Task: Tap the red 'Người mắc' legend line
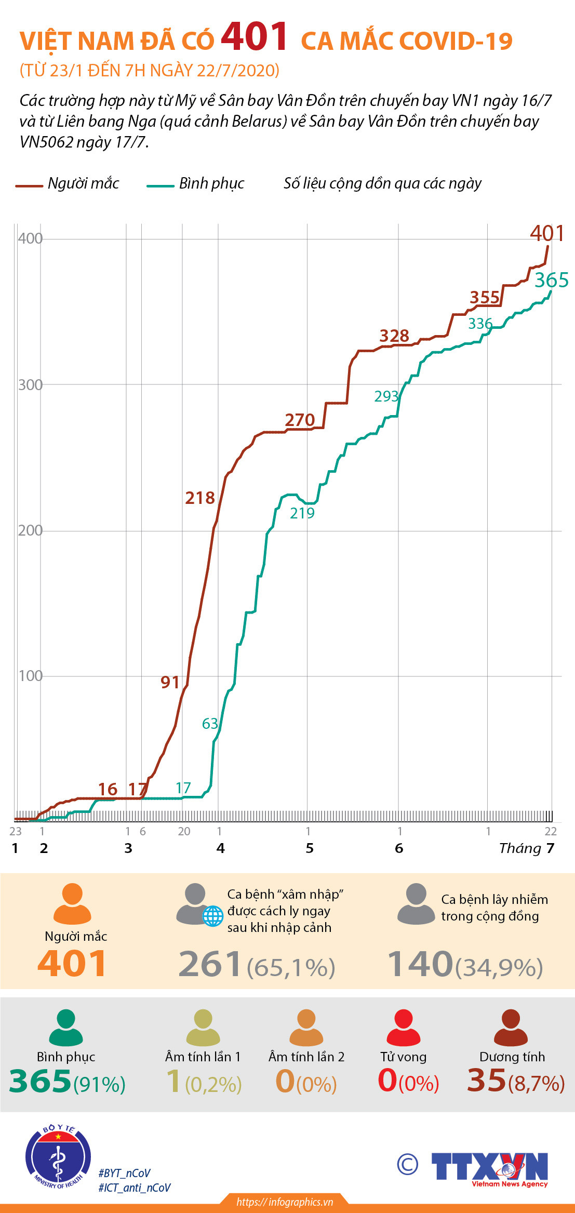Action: coord(29,185)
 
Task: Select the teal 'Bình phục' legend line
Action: coord(160,185)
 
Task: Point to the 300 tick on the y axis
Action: coord(30,385)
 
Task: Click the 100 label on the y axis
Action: coord(30,676)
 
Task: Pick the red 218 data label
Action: coord(200,498)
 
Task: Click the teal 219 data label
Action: coord(302,513)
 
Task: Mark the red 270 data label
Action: coord(300,420)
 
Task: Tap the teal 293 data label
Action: coord(386,396)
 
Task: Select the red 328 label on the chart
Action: coord(394,336)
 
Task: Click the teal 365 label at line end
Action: coord(552,281)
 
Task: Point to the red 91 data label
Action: coord(170,682)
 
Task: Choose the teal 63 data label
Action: coord(210,724)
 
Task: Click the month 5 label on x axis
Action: coord(310,848)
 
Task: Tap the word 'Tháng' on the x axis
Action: coord(520,848)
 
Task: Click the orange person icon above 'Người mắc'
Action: coord(72,903)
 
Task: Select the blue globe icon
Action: coord(212,916)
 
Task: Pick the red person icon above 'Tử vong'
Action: coord(404,1027)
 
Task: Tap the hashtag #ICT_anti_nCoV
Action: coord(135,1188)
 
